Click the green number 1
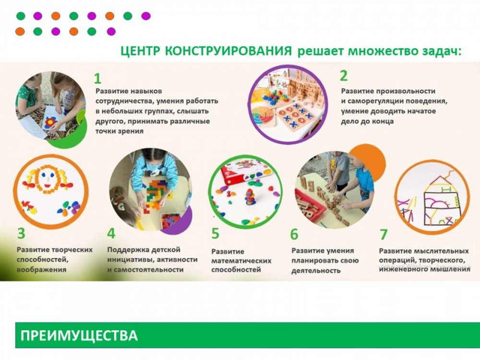[x=97, y=79]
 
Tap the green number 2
[x=343, y=76]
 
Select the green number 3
[x=21, y=234]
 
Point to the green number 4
[x=111, y=234]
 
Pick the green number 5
[x=216, y=234]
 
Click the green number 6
[x=294, y=234]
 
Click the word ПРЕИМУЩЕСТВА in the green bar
[x=79, y=335]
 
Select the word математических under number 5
[x=241, y=261]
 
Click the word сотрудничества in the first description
[x=122, y=101]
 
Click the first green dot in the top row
[x=21, y=16]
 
